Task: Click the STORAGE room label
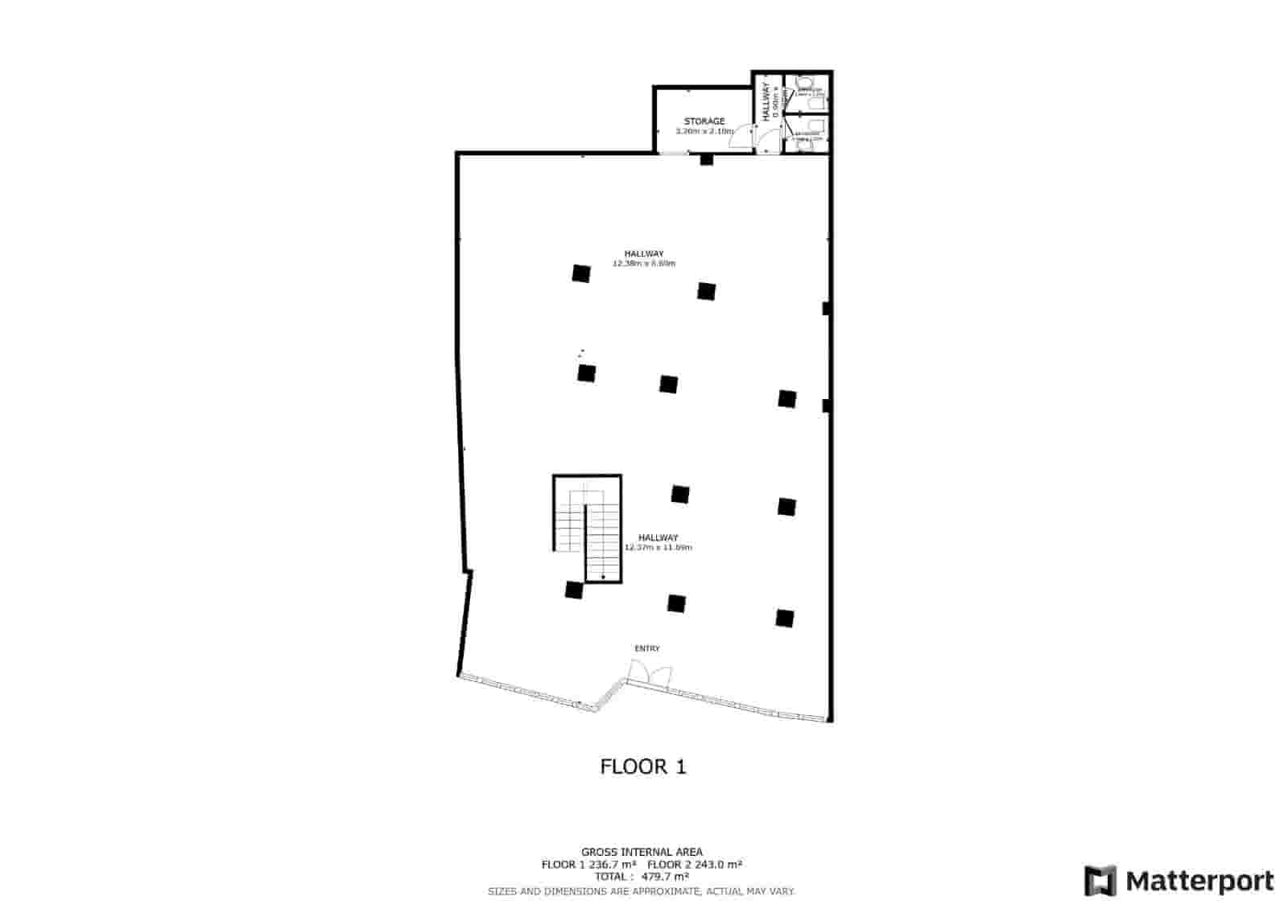704,121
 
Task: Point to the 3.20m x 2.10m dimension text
704,131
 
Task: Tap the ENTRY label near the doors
647,648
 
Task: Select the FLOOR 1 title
643,767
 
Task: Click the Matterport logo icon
1100,881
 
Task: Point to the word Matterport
1199,882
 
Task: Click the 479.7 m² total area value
665,877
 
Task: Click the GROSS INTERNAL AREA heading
642,852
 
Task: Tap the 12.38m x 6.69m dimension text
644,264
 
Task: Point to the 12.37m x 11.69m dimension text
658,548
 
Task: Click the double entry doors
649,673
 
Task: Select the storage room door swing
738,138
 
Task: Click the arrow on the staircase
603,576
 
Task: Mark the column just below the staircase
573,590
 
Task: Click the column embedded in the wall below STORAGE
706,159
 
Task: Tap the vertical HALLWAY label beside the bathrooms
765,102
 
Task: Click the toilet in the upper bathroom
803,84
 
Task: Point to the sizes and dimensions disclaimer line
642,891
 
